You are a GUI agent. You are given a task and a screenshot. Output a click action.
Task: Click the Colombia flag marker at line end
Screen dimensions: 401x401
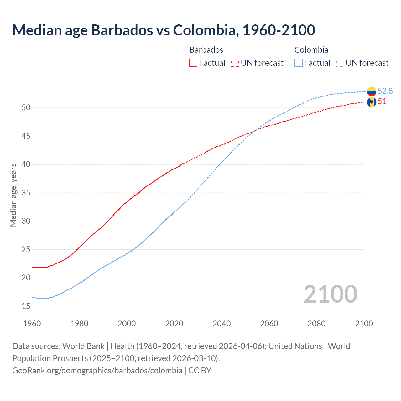pos(372,91)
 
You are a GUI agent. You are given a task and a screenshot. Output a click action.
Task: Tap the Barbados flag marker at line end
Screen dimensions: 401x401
pos(372,102)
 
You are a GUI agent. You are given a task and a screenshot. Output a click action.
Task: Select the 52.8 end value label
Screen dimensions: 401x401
pos(385,91)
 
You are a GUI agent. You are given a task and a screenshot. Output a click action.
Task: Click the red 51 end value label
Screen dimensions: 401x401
pos(382,102)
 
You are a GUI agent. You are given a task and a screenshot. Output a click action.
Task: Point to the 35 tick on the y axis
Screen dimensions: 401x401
pos(26,193)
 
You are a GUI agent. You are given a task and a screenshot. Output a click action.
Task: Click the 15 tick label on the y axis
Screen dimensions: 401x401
pos(26,306)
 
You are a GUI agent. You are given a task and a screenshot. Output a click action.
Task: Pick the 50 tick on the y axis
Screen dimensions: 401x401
pos(26,108)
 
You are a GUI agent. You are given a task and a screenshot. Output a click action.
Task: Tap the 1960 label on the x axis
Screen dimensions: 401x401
pos(32,324)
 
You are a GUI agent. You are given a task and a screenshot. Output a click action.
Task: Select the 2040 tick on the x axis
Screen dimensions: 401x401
pos(221,324)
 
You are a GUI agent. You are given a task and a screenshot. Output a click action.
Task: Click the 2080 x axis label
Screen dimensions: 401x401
pos(316,324)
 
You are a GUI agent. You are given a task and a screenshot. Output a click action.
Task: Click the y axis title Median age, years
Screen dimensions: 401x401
pos(13,195)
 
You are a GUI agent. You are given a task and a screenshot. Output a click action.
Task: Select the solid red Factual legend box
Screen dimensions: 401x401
pos(193,63)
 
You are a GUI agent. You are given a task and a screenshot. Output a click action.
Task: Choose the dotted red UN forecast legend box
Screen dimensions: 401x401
pos(235,63)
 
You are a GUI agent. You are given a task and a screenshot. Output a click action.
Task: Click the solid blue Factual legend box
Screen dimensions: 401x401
pos(299,63)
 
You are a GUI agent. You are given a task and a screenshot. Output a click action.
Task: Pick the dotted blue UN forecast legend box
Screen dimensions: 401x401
pos(340,63)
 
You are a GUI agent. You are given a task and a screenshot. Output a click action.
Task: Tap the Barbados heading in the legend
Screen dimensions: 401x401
pos(206,50)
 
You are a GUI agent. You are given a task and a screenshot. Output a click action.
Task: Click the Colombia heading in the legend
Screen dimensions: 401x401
pos(311,50)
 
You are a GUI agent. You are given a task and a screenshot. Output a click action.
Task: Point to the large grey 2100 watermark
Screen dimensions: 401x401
pos(330,294)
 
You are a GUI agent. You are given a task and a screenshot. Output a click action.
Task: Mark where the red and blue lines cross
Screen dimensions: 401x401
pos(253,131)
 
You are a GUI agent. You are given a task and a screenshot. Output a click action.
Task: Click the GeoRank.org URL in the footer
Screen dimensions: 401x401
pos(97,370)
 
